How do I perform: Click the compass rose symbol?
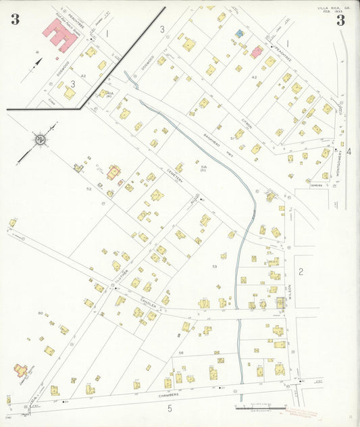pos(41,140)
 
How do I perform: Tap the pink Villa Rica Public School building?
pos(59,35)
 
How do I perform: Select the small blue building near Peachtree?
pos(239,33)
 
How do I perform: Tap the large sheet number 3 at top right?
pos(340,20)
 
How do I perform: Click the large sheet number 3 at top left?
pos(15,20)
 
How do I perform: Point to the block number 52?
pos(88,189)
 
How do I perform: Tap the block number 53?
pos(215,268)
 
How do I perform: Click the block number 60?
pos(41,313)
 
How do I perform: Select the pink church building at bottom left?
pos(22,370)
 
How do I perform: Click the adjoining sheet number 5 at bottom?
pos(170,408)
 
